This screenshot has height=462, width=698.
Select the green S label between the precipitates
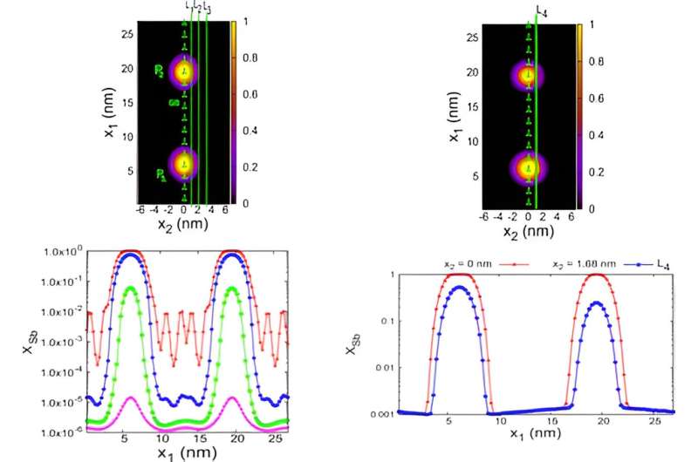172,102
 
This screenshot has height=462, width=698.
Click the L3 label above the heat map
207,8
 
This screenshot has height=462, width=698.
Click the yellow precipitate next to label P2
183,73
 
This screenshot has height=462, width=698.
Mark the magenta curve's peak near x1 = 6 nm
129,397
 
